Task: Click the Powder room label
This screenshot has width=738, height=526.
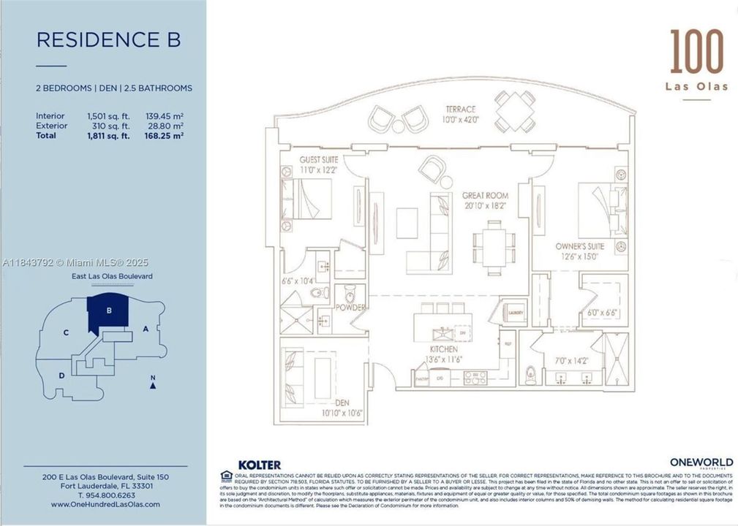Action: [x=350, y=308]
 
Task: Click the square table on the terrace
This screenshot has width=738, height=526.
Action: [x=515, y=111]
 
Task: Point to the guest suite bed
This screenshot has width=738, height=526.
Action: [x=306, y=199]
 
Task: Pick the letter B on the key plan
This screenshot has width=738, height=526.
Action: [x=109, y=310]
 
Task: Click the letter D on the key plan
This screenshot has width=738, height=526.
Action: [x=61, y=376]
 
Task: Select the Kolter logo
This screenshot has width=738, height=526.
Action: [x=259, y=465]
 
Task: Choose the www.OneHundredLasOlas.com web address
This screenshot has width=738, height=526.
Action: [x=105, y=505]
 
